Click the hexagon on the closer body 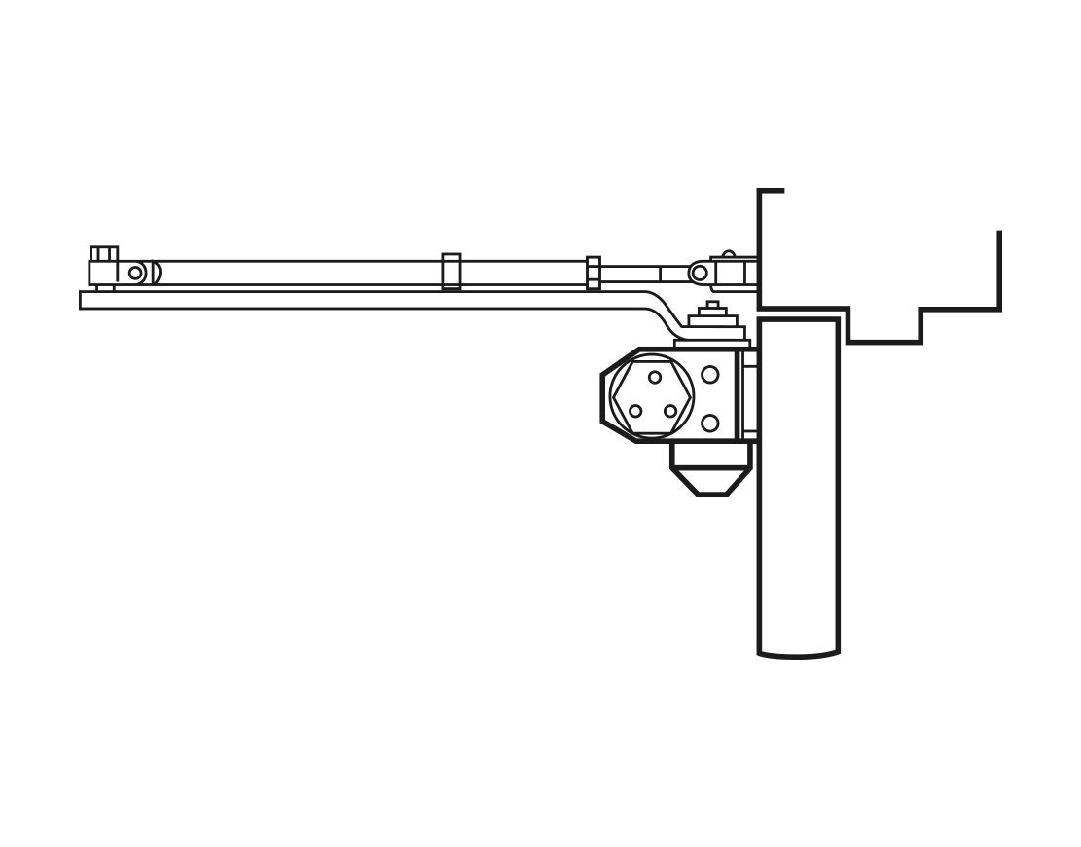(653, 395)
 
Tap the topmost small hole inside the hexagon (655, 377)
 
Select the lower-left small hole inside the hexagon (635, 411)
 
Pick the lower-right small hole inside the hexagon (671, 411)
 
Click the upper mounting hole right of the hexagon (710, 375)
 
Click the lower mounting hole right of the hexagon (710, 423)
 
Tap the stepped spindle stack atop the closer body (713, 321)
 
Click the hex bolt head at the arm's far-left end (104, 254)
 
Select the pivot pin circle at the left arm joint (135, 273)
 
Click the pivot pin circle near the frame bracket (699, 273)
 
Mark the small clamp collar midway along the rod (451, 272)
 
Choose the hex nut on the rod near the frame (594, 273)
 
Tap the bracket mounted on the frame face (735, 272)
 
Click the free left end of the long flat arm (85, 300)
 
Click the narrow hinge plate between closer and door (750, 394)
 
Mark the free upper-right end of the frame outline (999, 234)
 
